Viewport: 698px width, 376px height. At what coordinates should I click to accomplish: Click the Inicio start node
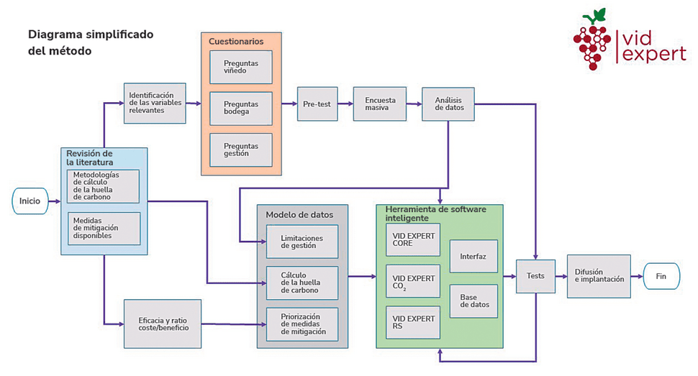[30, 201]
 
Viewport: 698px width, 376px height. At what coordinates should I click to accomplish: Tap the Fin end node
[661, 276]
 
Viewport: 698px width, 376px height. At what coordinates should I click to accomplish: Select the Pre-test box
[317, 104]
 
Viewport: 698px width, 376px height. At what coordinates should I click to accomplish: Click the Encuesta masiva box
[380, 104]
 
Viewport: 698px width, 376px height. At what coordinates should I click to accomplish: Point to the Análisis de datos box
[448, 104]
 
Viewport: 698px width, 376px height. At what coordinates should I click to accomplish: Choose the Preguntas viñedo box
[241, 67]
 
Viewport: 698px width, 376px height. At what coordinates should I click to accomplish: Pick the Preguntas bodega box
[241, 109]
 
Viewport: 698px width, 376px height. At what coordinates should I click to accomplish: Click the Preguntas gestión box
[241, 150]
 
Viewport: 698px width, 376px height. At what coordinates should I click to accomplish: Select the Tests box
[535, 276]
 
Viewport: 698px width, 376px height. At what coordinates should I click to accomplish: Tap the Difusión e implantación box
[599, 276]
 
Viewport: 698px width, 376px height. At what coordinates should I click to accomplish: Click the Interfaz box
[473, 257]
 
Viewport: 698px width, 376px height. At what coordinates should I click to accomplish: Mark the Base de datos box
[473, 301]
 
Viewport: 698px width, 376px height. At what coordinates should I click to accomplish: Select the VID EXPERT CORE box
[413, 239]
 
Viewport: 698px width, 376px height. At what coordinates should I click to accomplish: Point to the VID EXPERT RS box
[413, 323]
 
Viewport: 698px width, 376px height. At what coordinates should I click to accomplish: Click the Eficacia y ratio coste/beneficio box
[163, 324]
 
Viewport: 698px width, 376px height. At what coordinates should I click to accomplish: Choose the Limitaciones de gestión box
[302, 242]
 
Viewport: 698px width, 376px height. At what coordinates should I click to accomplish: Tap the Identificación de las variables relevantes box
[155, 104]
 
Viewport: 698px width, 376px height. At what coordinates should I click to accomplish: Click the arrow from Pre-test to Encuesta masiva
[345, 104]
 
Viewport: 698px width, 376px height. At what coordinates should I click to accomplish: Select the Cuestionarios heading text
[236, 42]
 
